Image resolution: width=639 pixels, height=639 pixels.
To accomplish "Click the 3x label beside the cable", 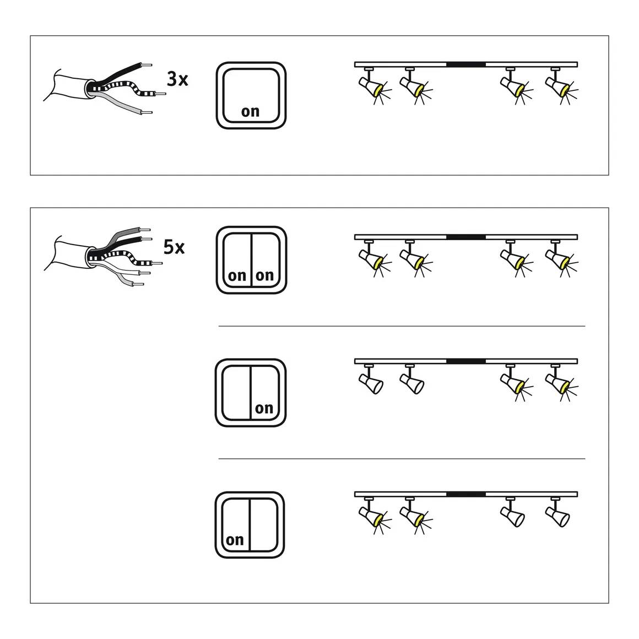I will point(177,79).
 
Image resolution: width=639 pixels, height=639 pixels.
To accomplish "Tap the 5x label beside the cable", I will point(174,247).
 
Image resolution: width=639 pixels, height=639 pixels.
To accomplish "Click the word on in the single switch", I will point(250,111).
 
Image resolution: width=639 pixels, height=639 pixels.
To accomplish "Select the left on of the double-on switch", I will point(237,275).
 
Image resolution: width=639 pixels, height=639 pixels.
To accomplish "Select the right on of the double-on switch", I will point(264,275).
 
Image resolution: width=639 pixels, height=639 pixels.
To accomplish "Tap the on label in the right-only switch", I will point(264,408).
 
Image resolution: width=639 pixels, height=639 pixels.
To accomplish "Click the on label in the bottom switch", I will point(235,540).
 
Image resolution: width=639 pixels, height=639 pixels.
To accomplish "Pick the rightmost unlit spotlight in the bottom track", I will point(557,515).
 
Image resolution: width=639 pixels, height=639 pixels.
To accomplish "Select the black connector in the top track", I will point(465,64).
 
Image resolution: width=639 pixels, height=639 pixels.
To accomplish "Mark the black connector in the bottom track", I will point(465,494).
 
